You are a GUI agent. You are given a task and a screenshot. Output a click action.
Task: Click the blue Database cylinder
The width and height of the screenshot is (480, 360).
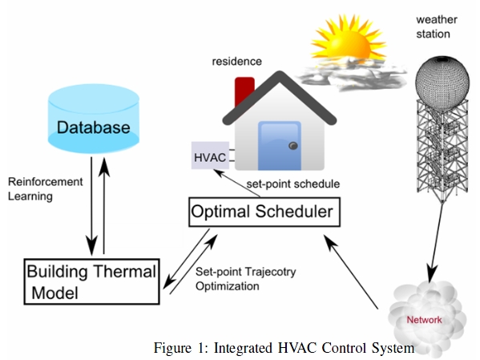[x=94, y=119]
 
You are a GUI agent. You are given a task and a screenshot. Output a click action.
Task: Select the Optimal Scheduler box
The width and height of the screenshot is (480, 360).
[x=264, y=212]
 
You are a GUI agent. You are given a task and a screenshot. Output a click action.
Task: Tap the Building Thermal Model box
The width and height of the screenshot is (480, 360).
[x=92, y=281]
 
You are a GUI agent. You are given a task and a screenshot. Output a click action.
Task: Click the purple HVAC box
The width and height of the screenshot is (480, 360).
[x=210, y=156]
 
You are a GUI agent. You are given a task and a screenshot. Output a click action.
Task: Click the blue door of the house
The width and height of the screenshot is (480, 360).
[x=279, y=146]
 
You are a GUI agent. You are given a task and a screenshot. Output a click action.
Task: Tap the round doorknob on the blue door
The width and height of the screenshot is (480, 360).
[x=293, y=146]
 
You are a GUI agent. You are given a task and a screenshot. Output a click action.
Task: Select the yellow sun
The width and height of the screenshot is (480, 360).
[x=348, y=40]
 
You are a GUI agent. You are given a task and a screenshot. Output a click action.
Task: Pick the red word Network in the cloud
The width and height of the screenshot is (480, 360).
[x=424, y=320]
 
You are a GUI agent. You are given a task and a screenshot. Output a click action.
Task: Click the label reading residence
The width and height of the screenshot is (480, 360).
[x=237, y=61]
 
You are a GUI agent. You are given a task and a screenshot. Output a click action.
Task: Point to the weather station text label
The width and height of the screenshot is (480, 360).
[x=437, y=26]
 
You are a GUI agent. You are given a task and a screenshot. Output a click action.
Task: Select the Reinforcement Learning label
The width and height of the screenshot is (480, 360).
[x=46, y=188]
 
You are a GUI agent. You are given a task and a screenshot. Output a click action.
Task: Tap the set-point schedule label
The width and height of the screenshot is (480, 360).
[x=293, y=184]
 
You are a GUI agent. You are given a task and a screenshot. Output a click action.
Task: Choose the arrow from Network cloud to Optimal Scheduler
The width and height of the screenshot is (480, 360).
[x=351, y=272]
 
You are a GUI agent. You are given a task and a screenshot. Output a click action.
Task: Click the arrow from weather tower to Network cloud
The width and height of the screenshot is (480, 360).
[x=436, y=243]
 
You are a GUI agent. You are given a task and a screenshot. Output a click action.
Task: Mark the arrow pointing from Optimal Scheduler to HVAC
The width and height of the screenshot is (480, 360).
[x=237, y=183]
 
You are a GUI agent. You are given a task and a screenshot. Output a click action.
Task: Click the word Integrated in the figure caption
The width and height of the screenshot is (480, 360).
[x=243, y=348]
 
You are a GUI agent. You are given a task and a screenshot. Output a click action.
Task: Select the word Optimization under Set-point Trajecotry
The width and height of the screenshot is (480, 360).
[x=228, y=286]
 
